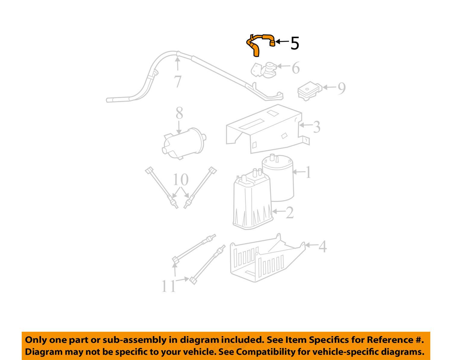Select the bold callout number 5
pyautogui.click(x=294, y=43)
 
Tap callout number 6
pyautogui.click(x=296, y=68)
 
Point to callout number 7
pyautogui.click(x=178, y=81)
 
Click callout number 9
pyautogui.click(x=341, y=88)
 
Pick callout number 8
pyautogui.click(x=179, y=113)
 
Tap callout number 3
pyautogui.click(x=316, y=127)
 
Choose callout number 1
pyautogui.click(x=308, y=172)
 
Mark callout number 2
pyautogui.click(x=289, y=213)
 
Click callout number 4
pyautogui.click(x=322, y=247)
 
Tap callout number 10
pyautogui.click(x=180, y=180)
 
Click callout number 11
pyautogui.click(x=168, y=286)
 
